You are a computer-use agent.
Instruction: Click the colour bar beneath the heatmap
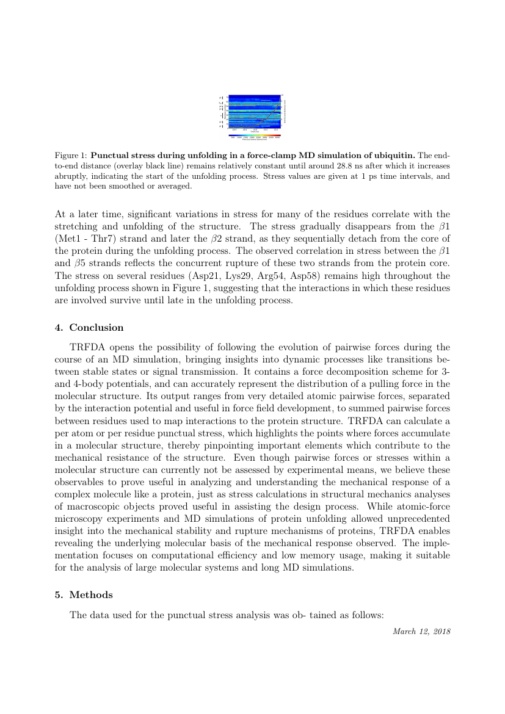(254, 135)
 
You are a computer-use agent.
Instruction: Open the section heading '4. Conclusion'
(89, 327)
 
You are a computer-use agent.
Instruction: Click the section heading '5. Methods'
(84, 594)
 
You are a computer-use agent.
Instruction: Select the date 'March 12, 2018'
(421, 630)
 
